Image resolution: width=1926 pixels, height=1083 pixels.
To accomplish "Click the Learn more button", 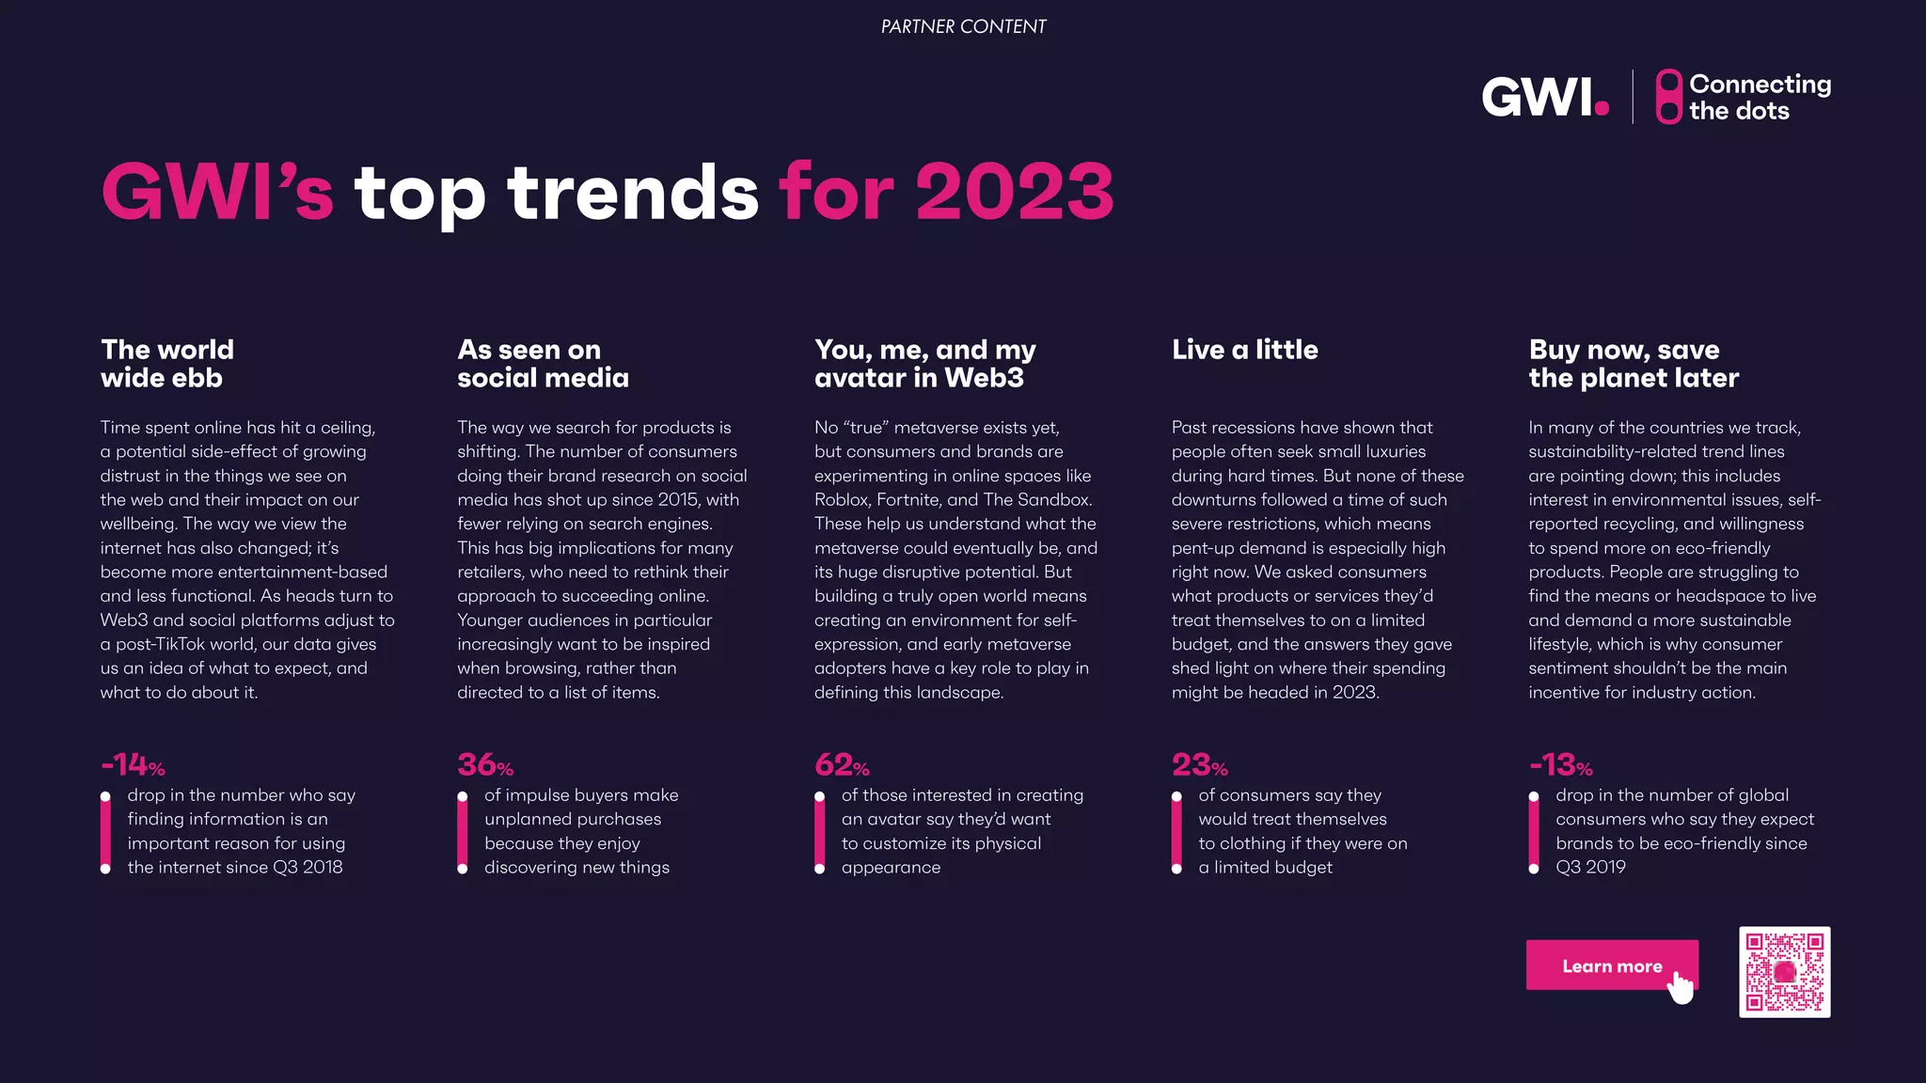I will (x=1610, y=965).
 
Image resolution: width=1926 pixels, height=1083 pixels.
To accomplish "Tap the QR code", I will (x=1784, y=971).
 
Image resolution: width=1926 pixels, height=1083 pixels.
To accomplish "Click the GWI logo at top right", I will (x=1544, y=97).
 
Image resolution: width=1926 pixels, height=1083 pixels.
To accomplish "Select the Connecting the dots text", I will (x=1759, y=97).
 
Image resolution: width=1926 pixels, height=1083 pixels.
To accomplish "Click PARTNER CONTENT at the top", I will (x=963, y=26).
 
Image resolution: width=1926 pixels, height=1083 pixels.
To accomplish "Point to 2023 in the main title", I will (x=1014, y=192).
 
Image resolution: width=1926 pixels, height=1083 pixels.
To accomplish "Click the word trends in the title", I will (x=632, y=192).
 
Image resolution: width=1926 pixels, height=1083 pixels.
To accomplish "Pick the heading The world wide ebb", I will (x=167, y=363).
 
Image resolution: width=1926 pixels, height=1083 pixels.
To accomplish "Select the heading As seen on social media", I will (x=543, y=363).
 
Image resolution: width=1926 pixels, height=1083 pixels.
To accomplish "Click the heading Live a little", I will (x=1244, y=350).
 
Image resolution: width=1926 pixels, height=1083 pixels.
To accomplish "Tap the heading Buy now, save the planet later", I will (x=1633, y=363).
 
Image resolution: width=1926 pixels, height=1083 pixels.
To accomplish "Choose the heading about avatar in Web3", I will (x=924, y=363).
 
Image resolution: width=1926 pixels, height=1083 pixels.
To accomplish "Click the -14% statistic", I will (x=133, y=764).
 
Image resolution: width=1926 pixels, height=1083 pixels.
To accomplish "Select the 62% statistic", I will (x=842, y=764).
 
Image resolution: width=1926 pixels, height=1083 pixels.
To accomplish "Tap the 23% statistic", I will (x=1199, y=764).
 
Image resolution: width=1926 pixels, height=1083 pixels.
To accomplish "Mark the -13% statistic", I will (x=1560, y=764).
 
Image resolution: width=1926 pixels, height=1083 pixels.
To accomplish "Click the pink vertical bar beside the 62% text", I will (x=819, y=833).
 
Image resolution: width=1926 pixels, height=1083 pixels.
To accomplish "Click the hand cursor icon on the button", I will (x=1681, y=987).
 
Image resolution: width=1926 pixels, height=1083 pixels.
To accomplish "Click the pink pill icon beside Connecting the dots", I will (x=1668, y=97).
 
